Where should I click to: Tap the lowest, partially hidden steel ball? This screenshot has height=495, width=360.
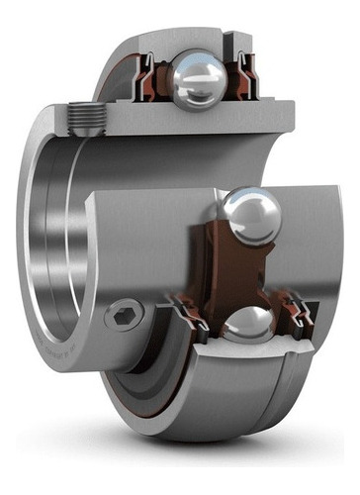coord(247,325)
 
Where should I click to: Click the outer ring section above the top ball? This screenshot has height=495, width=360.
coord(188,40)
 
